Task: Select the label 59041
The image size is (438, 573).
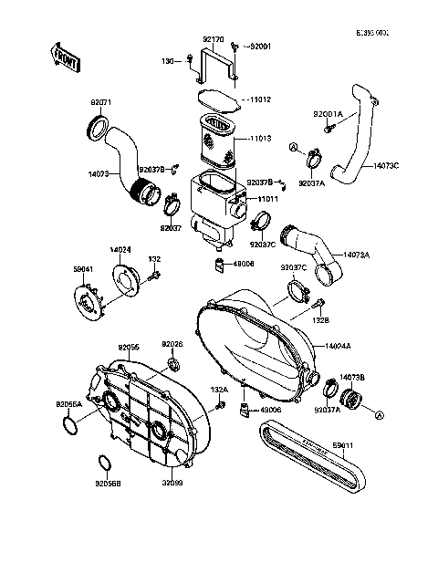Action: click(84, 268)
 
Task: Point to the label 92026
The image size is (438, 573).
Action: click(172, 344)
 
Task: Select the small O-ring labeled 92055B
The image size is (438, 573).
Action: click(104, 461)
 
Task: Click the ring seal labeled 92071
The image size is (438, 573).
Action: click(98, 127)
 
